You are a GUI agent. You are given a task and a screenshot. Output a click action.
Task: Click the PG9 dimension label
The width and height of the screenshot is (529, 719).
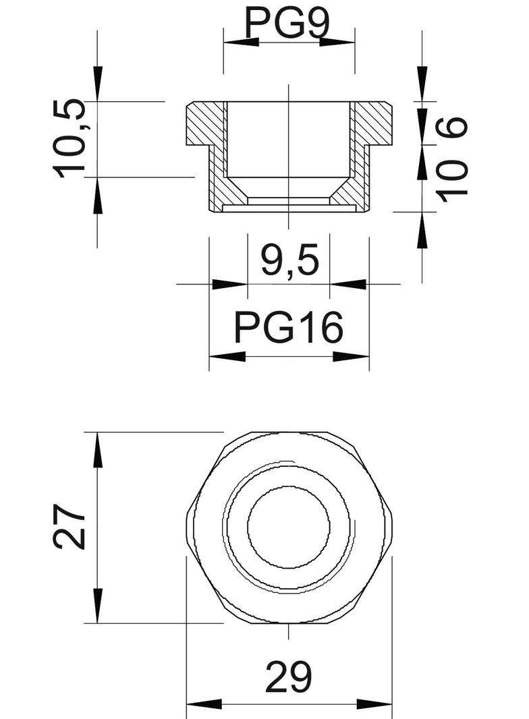[287, 23]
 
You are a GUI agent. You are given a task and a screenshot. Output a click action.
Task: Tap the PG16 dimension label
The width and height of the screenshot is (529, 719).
[289, 328]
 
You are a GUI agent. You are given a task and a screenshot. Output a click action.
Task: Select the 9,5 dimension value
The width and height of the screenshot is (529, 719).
[289, 260]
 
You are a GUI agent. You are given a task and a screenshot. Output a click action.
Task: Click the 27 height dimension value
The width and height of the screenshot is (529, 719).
[71, 526]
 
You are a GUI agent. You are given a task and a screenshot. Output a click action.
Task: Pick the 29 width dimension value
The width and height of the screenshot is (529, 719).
[289, 677]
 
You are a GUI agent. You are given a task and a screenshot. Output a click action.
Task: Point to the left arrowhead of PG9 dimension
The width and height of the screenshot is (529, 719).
[240, 42]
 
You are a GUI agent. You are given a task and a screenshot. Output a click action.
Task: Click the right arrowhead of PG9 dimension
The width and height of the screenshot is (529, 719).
[338, 42]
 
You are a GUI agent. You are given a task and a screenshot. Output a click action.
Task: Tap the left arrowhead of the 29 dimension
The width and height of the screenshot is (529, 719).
[203, 706]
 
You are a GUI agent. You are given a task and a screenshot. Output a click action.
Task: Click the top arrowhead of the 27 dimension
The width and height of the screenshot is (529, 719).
[98, 449]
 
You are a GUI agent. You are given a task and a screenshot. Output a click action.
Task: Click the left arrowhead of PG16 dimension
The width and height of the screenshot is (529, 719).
[226, 356]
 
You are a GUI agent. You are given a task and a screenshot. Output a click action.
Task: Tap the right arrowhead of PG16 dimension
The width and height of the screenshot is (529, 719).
[352, 356]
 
